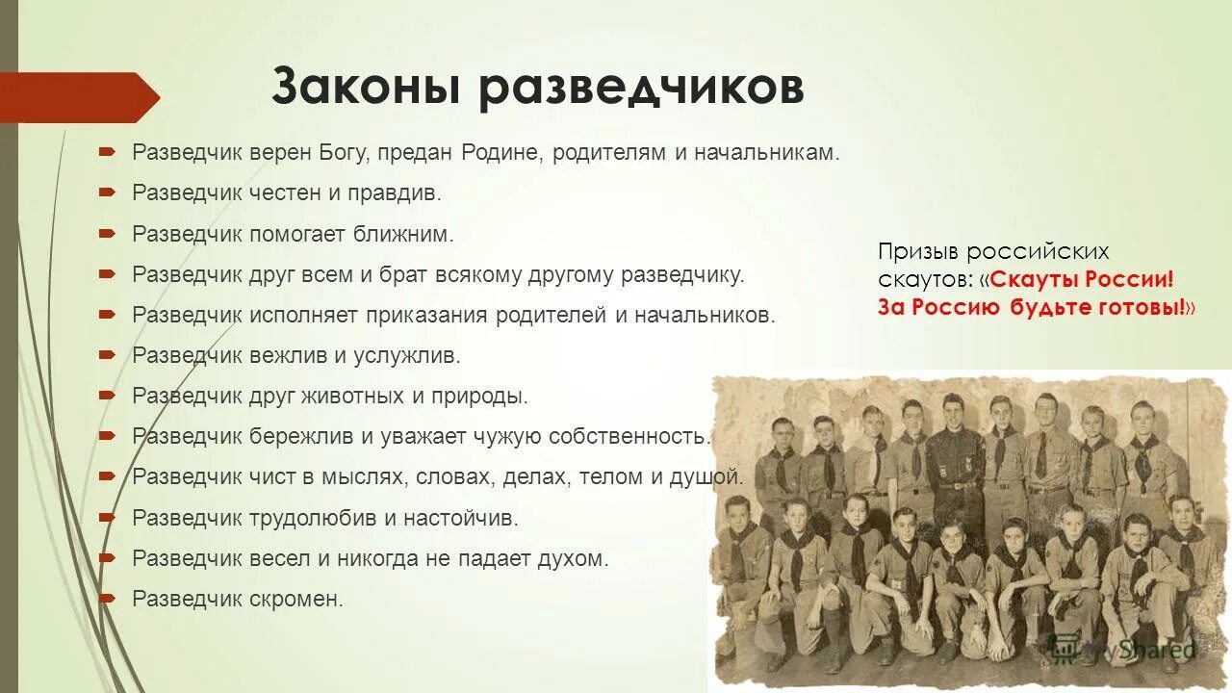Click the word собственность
point(629,436)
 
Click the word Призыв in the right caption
point(917,252)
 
